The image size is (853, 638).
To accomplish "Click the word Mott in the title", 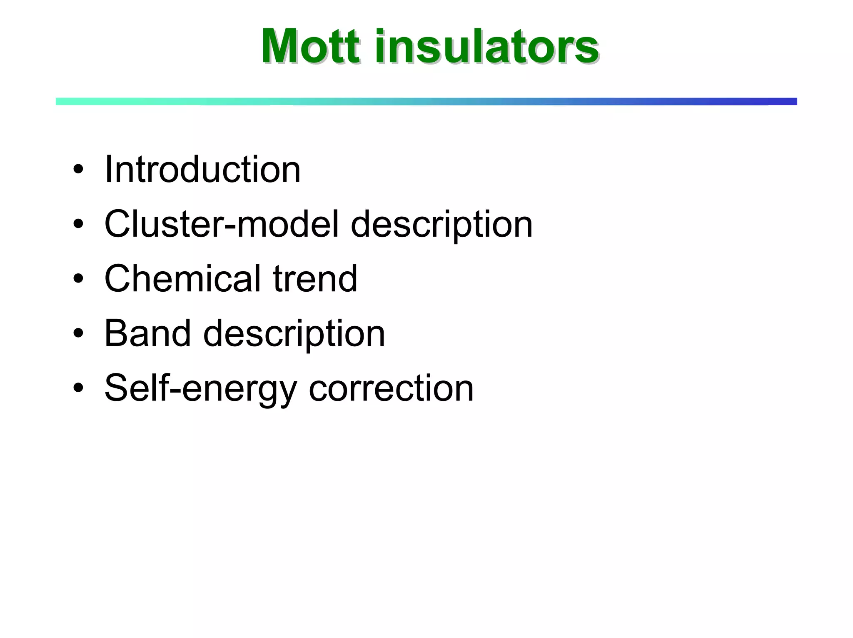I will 310,46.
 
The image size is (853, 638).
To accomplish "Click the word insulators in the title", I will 486,46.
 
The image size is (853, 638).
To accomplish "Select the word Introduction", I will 202,170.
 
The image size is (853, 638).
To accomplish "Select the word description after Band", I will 294,335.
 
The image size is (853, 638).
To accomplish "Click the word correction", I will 391,388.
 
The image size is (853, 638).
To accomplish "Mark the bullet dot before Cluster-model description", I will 78,225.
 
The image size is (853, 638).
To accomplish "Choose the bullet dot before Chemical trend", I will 78,279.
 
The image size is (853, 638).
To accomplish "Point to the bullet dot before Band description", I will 78,334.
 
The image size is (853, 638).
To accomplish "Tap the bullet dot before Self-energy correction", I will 78,388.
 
